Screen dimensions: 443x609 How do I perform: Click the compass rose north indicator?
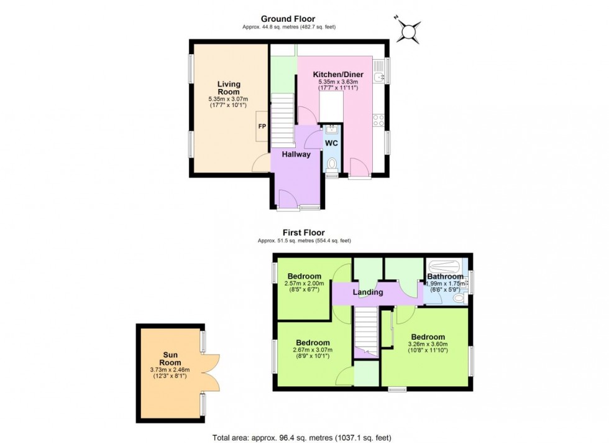click(x=410, y=29)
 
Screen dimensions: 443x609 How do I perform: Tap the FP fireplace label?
click(x=262, y=126)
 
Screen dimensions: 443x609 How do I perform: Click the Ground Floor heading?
click(x=288, y=19)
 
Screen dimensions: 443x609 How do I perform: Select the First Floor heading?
click(x=304, y=233)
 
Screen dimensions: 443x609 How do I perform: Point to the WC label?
click(x=331, y=142)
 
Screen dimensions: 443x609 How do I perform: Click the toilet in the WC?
click(x=332, y=164)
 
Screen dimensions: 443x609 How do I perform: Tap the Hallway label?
click(x=296, y=154)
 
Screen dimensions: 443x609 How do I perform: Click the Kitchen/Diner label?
click(x=338, y=75)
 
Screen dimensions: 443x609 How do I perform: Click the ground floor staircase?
click(x=282, y=119)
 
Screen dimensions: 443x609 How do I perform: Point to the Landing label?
click(x=367, y=292)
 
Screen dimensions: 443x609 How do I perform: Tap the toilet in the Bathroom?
click(x=459, y=299)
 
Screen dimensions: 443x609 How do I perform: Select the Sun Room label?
click(x=170, y=358)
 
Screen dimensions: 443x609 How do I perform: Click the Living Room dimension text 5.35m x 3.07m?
click(x=229, y=99)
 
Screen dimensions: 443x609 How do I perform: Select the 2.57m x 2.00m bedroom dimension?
click(x=304, y=284)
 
